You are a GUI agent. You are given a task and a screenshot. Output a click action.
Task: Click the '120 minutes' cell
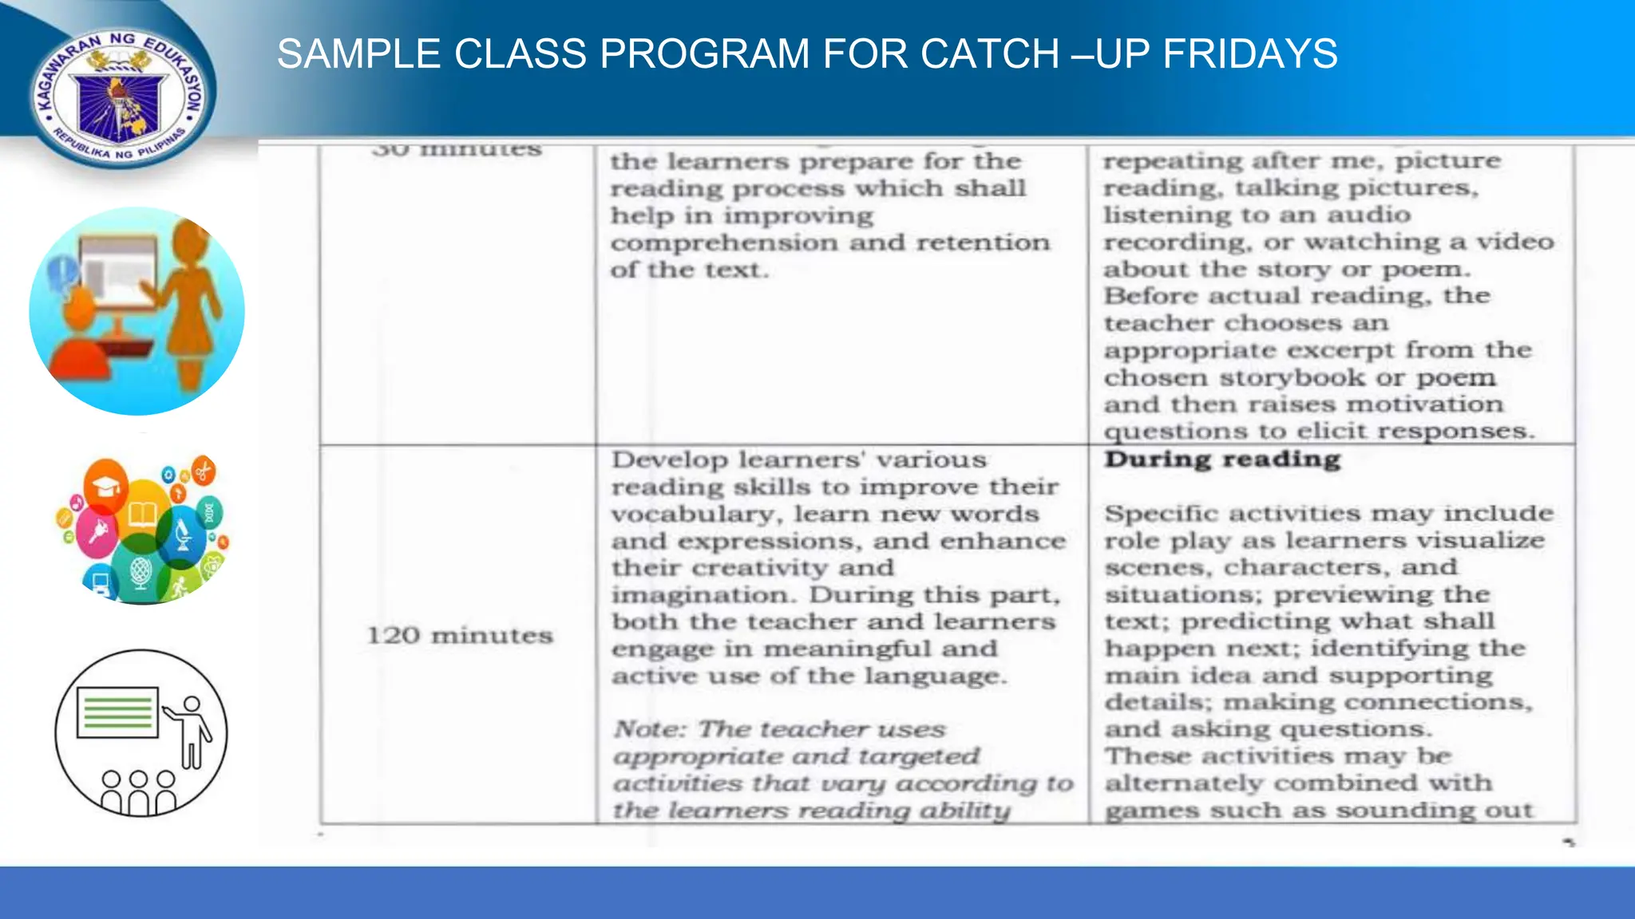[x=460, y=636]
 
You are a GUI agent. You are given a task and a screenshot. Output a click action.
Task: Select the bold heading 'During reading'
[x=1222, y=459]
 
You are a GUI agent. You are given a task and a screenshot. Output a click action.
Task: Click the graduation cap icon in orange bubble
[x=107, y=485]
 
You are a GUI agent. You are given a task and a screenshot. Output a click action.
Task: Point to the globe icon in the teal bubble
[x=140, y=572]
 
